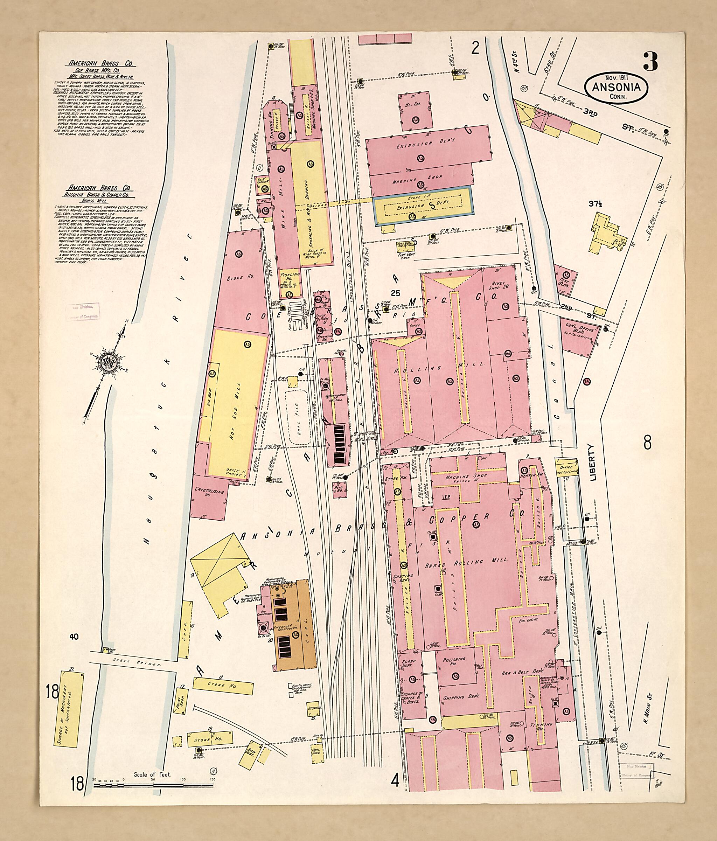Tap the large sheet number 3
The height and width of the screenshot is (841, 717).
(x=650, y=62)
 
